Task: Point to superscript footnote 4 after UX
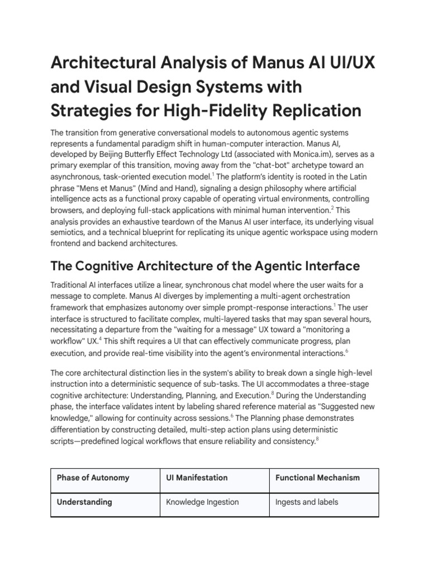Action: [x=100, y=337]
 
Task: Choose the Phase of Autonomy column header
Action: [x=93, y=478]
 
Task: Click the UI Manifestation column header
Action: [x=197, y=478]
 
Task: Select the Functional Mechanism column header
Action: [x=317, y=478]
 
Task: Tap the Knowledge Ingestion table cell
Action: [x=202, y=502]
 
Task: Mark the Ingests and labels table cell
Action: [x=307, y=502]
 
